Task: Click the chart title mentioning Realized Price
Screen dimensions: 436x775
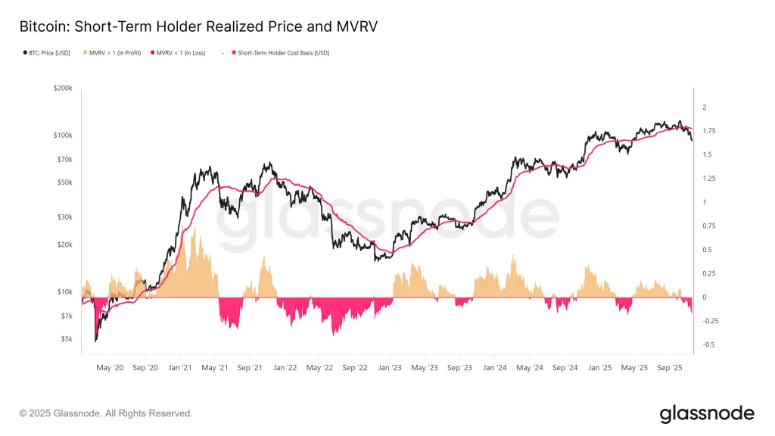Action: pos(198,26)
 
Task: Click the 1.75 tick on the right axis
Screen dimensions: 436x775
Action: pos(709,131)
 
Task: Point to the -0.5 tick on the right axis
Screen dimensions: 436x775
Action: pos(708,345)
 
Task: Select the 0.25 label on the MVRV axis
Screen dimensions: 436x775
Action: pos(709,274)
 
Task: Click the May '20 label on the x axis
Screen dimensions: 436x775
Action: pos(110,368)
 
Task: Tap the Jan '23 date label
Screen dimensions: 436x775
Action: pos(390,368)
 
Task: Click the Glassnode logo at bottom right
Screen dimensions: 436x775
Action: pos(707,413)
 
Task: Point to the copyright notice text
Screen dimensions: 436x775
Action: pos(106,413)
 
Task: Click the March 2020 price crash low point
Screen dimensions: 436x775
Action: pos(95,341)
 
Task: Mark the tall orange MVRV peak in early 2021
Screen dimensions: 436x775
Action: pos(195,229)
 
